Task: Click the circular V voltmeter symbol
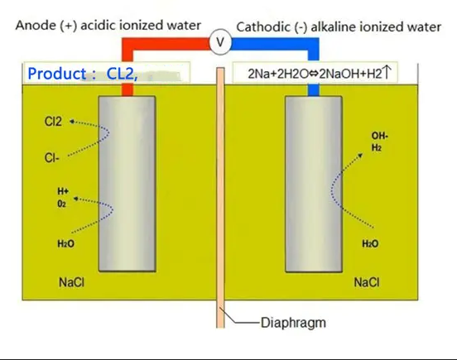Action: (x=220, y=42)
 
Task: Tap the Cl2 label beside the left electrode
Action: (x=53, y=122)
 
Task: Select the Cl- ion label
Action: (x=52, y=158)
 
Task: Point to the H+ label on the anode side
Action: (x=63, y=191)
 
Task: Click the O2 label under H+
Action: (x=61, y=204)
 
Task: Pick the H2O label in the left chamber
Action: (x=66, y=243)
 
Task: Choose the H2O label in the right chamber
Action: (x=370, y=243)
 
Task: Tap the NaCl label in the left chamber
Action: (x=71, y=282)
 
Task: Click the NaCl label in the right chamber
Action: (x=367, y=282)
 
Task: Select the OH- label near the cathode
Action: (x=379, y=136)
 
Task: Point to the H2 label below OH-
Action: (x=376, y=147)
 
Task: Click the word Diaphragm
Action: (x=293, y=323)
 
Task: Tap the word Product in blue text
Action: (x=57, y=74)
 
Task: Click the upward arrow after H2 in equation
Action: (x=386, y=73)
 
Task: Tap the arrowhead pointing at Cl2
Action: (x=71, y=121)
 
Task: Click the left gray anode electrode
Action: (x=127, y=184)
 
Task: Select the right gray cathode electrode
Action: (x=314, y=184)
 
